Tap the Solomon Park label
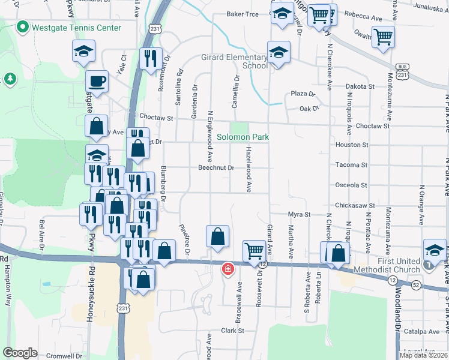pos(243,137)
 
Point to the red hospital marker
pos(228,269)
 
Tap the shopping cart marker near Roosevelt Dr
pos(254,250)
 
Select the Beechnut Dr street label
pos(215,168)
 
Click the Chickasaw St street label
pos(355,205)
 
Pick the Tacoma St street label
pos(352,165)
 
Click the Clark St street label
pos(232,331)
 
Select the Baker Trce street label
pos(242,14)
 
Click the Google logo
pos(20,353)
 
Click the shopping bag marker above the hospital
pos(217,236)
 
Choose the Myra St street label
pos(298,214)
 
